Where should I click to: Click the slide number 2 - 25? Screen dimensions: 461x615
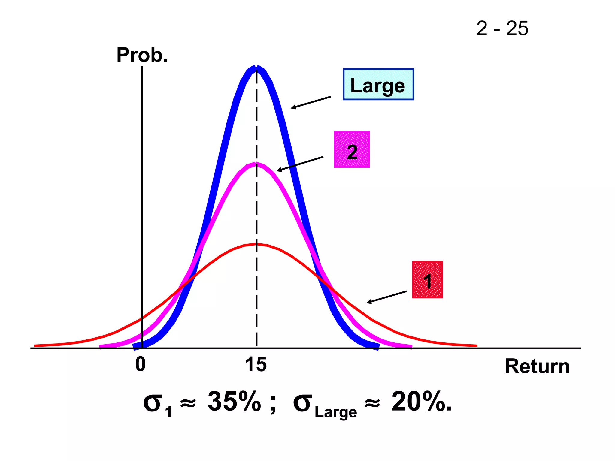502,29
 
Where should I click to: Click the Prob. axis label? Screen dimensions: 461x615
142,55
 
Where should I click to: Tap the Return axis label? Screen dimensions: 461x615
537,366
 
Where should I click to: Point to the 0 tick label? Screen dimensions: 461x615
140,364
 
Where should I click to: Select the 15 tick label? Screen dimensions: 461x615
256,365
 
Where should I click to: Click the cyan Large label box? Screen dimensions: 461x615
378,84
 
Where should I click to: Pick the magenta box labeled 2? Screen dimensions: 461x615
352,149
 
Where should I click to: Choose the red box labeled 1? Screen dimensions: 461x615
427,280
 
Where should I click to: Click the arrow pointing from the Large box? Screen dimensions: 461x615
311,102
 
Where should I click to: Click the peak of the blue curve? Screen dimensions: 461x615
256,68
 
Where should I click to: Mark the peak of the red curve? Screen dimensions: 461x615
256,244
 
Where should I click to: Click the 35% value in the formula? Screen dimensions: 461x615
234,402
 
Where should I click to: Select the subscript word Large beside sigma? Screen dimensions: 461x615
336,412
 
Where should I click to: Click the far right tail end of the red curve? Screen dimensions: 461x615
476,346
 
